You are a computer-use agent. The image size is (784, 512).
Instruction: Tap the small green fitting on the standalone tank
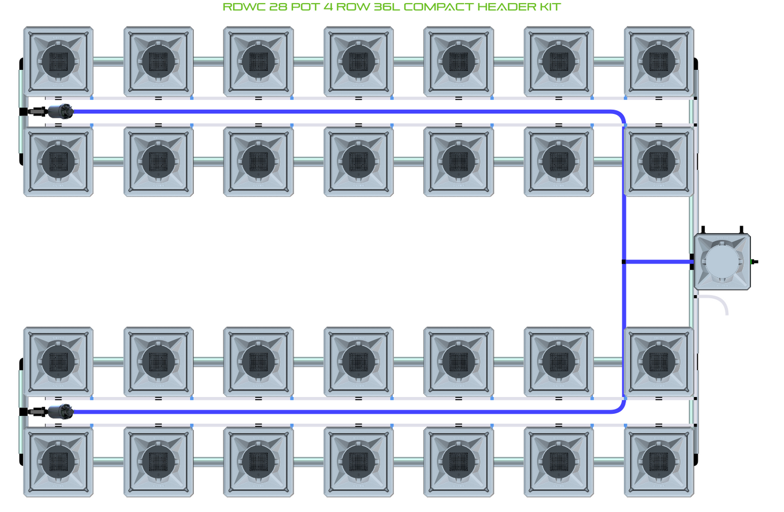pyautogui.click(x=754, y=262)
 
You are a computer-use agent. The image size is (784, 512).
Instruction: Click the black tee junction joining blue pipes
pyautogui.click(x=624, y=262)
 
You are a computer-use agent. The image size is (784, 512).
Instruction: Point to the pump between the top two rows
pyautogui.click(x=60, y=112)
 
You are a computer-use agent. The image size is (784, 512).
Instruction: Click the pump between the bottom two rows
pyautogui.click(x=60, y=412)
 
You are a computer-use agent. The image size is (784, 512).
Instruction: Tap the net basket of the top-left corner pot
pyautogui.click(x=59, y=61)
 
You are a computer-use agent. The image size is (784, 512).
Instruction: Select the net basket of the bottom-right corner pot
pyautogui.click(x=659, y=462)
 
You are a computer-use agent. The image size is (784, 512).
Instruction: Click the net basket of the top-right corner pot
pyautogui.click(x=659, y=61)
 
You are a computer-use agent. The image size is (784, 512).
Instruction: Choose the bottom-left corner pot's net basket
pyautogui.click(x=59, y=462)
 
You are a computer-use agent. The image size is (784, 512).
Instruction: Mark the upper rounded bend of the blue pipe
pyautogui.click(x=619, y=116)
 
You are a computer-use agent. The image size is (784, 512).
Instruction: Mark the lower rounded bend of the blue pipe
pyautogui.click(x=619, y=408)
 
